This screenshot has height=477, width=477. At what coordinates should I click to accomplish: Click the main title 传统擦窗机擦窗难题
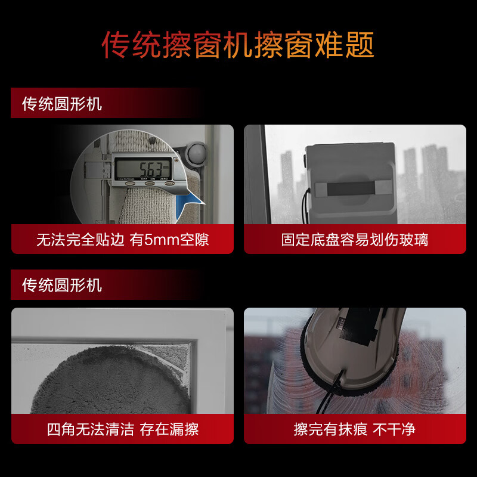tap(238, 45)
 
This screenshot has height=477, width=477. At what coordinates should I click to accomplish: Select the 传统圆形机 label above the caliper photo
tap(62, 104)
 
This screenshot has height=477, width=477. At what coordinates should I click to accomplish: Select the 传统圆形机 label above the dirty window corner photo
tap(62, 285)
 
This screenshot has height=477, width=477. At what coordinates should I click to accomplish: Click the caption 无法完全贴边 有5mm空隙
tap(122, 240)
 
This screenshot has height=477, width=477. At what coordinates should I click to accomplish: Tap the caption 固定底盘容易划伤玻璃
tap(355, 240)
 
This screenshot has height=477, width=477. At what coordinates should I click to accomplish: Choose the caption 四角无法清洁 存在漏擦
tap(122, 429)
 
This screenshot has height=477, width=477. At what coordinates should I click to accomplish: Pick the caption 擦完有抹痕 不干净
tap(355, 429)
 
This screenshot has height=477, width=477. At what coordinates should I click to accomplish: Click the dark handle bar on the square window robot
tap(351, 190)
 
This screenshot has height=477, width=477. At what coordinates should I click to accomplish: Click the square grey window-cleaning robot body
tap(351, 173)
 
